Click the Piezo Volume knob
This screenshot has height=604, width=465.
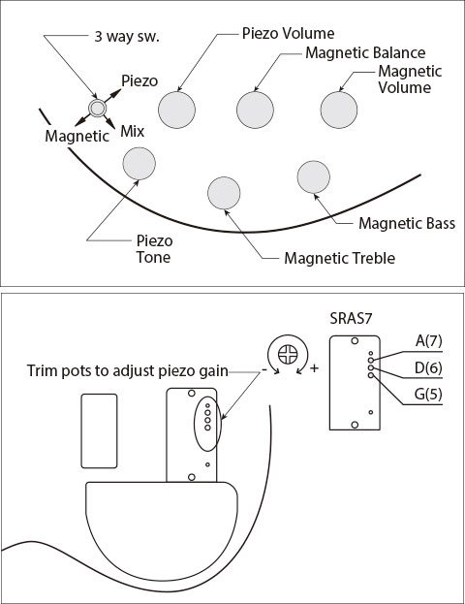click(x=176, y=110)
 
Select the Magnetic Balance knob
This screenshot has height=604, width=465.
click(x=255, y=110)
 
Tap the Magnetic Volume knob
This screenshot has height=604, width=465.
click(x=339, y=110)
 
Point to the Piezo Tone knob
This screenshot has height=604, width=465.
click(x=139, y=163)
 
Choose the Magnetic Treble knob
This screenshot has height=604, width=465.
click(x=224, y=193)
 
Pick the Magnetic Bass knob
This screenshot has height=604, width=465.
click(x=313, y=176)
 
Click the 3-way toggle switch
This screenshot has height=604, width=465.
click(x=98, y=109)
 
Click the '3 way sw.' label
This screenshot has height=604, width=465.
click(x=127, y=37)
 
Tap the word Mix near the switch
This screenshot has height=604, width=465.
click(x=132, y=131)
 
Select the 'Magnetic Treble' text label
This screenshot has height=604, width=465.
click(x=339, y=258)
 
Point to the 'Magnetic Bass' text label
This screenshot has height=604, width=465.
click(x=407, y=223)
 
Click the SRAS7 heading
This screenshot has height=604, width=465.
click(x=351, y=319)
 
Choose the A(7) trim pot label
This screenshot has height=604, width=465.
click(x=428, y=341)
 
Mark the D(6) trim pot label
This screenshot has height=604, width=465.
click(x=428, y=367)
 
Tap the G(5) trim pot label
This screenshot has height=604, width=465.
click(x=428, y=394)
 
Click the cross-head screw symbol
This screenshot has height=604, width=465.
click(x=288, y=355)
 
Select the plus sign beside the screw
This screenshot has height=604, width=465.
click(x=315, y=368)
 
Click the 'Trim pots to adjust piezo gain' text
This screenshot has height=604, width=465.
click(x=128, y=370)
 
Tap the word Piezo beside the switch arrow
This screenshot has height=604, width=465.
click(x=139, y=80)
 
